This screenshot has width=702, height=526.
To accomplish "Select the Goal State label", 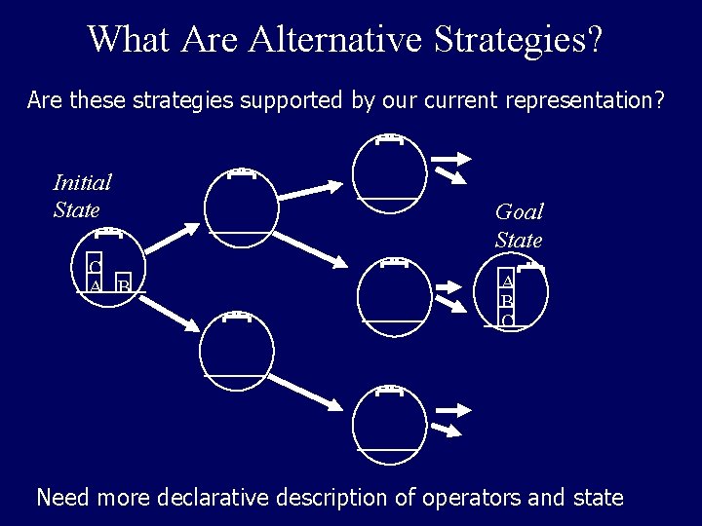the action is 519,225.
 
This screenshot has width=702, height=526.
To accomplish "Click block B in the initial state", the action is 123,285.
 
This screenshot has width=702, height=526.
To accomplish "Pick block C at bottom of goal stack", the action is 508,319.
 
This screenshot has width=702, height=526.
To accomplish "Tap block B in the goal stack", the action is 508,300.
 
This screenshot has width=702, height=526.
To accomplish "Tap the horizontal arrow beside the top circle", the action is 450,157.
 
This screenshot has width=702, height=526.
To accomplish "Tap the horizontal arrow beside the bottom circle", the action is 450,408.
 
